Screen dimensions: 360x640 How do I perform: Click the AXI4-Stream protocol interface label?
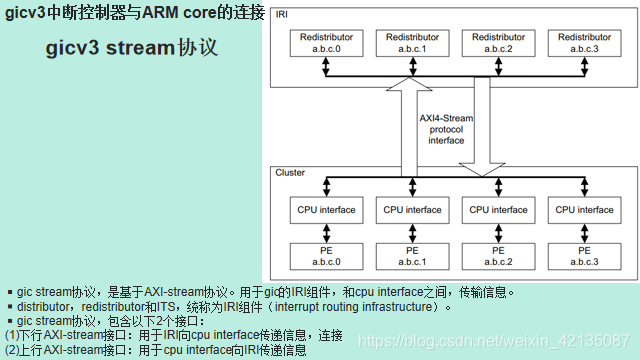[446, 129]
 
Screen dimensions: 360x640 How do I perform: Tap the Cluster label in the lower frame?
[290, 173]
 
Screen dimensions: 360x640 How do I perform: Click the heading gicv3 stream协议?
[131, 48]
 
